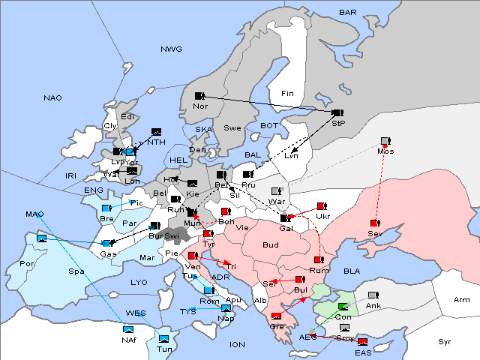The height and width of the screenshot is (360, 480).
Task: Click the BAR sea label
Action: (x=348, y=13)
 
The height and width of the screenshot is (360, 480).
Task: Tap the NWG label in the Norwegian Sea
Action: (x=171, y=49)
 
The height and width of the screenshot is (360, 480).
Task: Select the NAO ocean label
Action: (x=52, y=98)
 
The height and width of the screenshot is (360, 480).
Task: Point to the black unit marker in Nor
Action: (x=200, y=96)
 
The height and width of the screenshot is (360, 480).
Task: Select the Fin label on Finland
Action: (x=286, y=94)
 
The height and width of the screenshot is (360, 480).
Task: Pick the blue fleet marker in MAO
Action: (x=41, y=238)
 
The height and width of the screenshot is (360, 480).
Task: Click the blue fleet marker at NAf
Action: (x=128, y=328)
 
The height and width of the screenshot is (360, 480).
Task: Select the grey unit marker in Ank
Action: (x=373, y=295)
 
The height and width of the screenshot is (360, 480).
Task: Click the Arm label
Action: (x=462, y=300)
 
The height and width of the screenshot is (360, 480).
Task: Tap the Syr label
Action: (x=445, y=342)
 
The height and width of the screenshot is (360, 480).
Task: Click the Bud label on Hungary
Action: (x=271, y=245)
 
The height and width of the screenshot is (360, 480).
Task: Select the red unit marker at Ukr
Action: (x=322, y=206)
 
